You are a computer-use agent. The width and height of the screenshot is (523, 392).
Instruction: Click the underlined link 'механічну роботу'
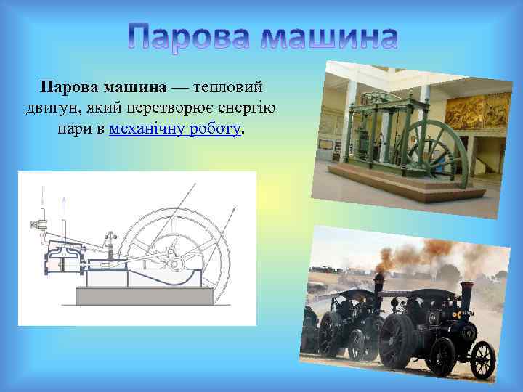point(174,130)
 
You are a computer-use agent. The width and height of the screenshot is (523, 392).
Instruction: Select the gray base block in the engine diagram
point(145,296)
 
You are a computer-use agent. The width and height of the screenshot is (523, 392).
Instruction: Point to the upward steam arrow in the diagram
point(63,207)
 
